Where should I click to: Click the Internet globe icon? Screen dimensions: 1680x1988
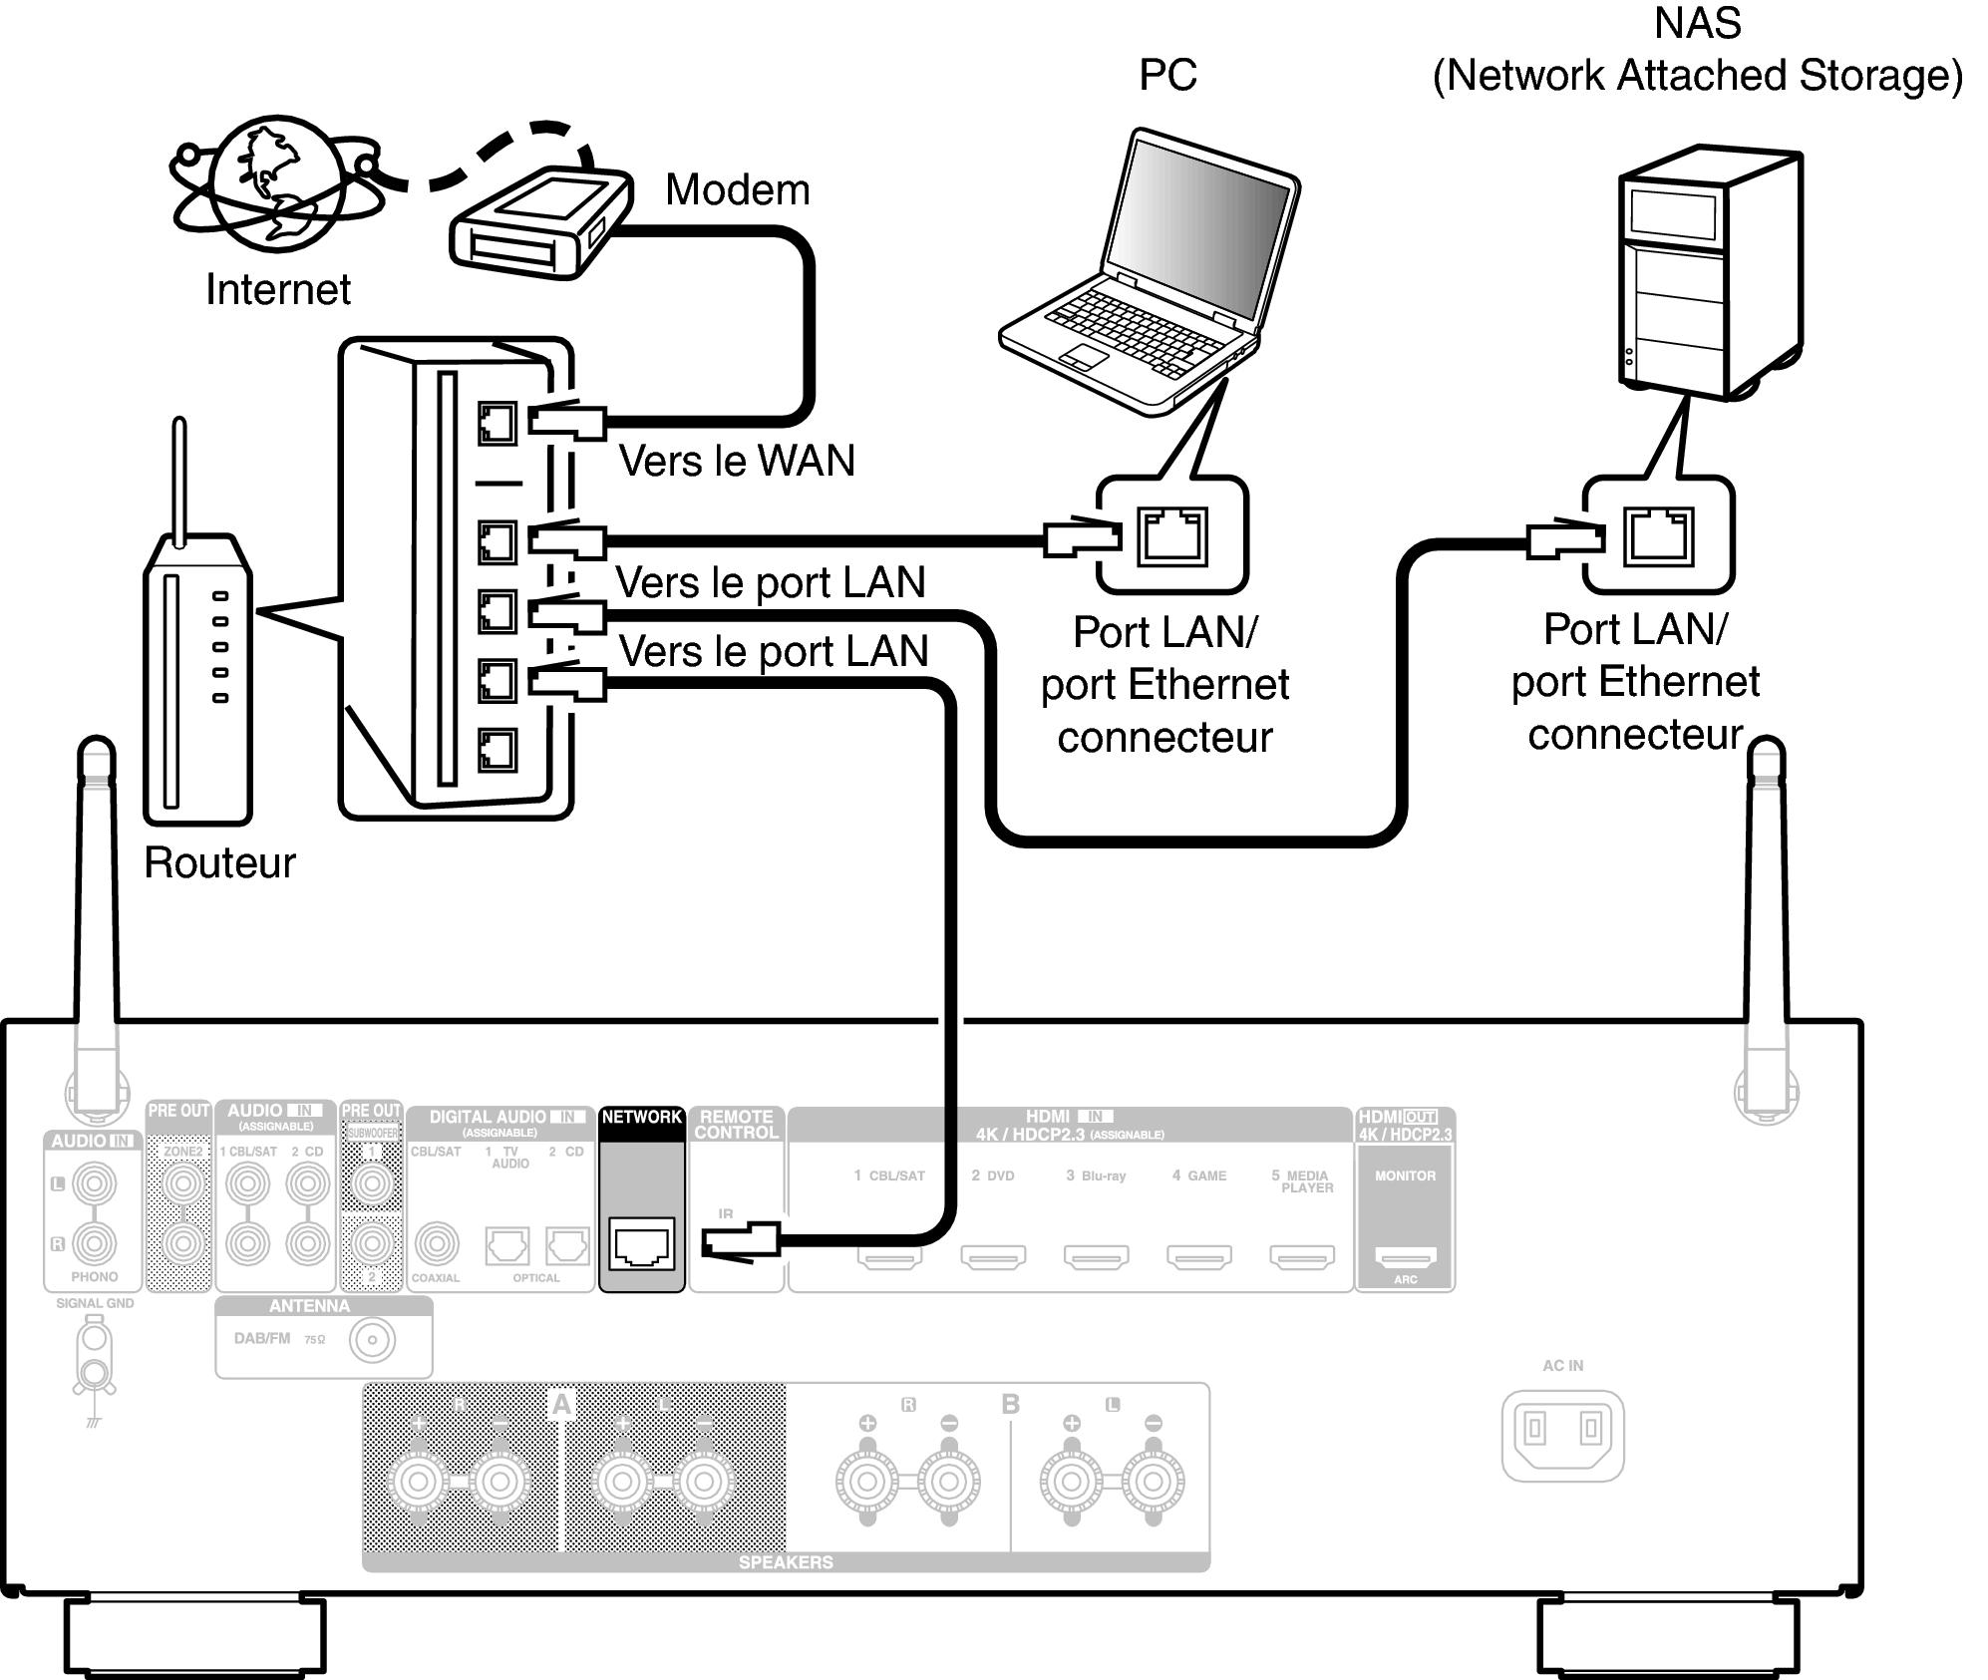(x=276, y=184)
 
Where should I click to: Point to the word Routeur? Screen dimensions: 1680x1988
(x=219, y=862)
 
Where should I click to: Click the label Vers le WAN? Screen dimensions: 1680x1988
(x=737, y=461)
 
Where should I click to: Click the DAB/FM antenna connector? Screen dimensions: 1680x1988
(x=372, y=1340)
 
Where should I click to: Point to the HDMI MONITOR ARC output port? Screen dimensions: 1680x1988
(x=1405, y=1255)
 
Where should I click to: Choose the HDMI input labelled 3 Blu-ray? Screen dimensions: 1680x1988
(x=1096, y=1257)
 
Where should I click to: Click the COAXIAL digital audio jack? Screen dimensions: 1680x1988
(x=437, y=1243)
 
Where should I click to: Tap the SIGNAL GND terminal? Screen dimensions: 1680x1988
(x=95, y=1356)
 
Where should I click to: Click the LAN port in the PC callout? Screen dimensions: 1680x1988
(x=1172, y=535)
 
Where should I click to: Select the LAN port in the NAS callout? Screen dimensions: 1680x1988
(x=1658, y=535)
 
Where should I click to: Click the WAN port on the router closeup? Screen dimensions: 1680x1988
(x=497, y=424)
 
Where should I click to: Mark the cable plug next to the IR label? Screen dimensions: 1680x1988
(x=740, y=1242)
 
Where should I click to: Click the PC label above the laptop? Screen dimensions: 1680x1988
(x=1167, y=75)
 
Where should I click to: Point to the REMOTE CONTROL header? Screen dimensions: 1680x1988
(x=737, y=1125)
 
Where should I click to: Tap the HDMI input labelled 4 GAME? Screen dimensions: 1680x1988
(x=1199, y=1257)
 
